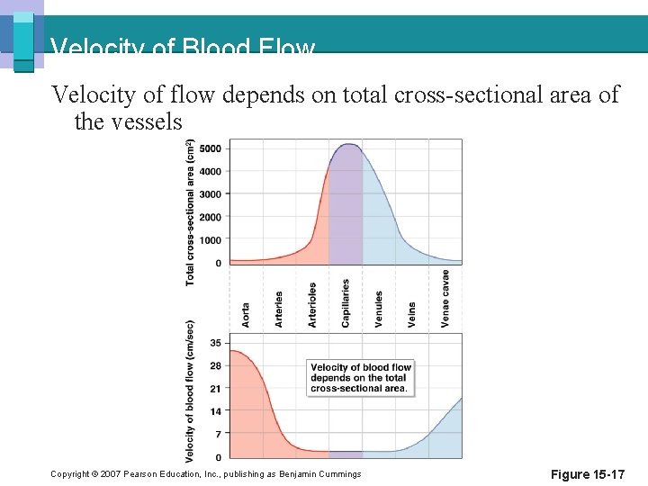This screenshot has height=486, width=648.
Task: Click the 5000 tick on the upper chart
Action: tap(211, 148)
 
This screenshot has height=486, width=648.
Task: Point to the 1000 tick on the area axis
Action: tap(211, 240)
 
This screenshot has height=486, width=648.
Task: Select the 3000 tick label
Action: tap(211, 194)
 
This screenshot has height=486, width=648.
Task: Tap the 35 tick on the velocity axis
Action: tap(216, 343)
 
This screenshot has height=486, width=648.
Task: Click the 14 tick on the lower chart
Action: tap(216, 411)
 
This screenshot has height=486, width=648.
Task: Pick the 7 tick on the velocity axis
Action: tap(218, 435)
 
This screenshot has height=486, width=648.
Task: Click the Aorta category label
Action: tap(246, 314)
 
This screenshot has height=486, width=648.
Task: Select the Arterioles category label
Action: tap(312, 305)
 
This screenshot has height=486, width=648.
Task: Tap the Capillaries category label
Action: tap(346, 302)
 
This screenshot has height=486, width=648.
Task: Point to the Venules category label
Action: tap(379, 308)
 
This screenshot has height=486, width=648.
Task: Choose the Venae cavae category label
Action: tap(445, 299)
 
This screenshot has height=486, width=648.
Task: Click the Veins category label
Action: tap(412, 313)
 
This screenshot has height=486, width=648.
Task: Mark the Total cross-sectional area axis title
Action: tap(190, 212)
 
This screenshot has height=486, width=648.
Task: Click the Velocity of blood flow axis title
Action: tap(191, 389)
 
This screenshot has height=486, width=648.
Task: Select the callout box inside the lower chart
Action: tap(361, 378)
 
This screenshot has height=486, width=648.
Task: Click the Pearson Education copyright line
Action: tap(206, 474)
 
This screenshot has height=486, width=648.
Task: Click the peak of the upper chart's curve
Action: tap(346, 144)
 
